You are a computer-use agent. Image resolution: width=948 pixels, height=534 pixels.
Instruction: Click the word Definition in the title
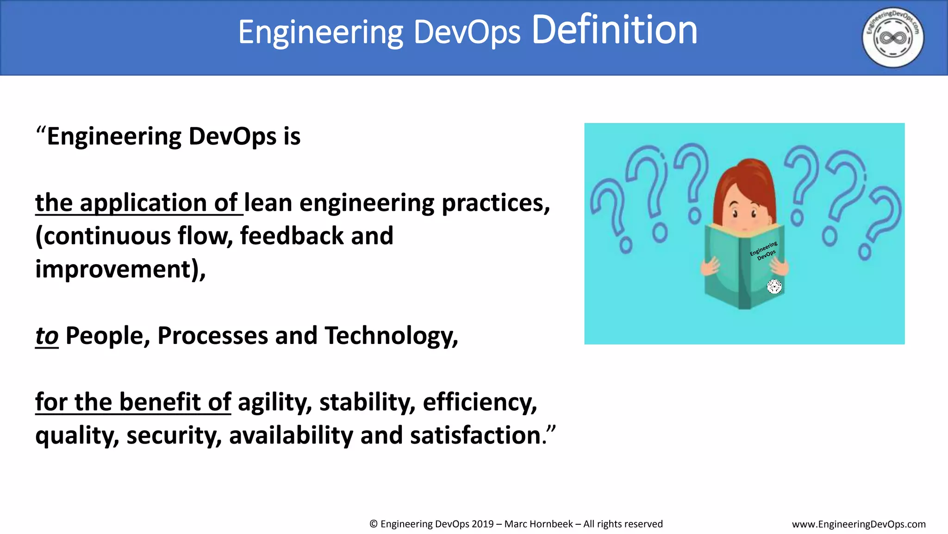(x=614, y=31)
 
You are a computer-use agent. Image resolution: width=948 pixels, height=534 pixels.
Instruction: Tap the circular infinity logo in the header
(x=893, y=38)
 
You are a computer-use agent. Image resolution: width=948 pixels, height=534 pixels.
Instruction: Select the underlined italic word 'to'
(x=47, y=336)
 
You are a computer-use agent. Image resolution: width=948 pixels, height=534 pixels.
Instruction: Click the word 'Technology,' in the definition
(x=391, y=336)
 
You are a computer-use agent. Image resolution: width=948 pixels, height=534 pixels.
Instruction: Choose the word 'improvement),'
(x=120, y=269)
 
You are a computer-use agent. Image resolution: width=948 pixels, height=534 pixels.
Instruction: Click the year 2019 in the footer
(x=482, y=524)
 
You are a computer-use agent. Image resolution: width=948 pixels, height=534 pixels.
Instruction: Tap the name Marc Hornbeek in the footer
(x=538, y=524)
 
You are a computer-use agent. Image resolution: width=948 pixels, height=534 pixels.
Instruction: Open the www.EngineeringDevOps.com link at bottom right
(x=859, y=524)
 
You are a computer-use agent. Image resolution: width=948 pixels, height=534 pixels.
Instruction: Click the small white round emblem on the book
(x=774, y=286)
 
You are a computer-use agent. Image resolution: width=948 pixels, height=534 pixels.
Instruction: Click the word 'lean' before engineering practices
(x=268, y=203)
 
